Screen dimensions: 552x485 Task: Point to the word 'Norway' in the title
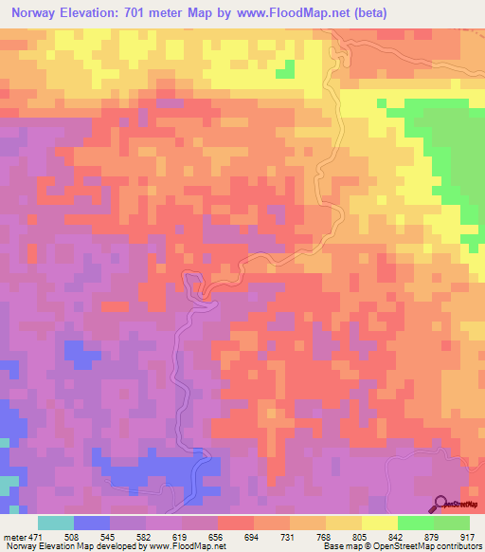(x=39, y=15)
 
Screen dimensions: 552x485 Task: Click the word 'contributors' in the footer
(x=456, y=545)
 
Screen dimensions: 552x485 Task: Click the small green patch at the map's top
(x=284, y=69)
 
